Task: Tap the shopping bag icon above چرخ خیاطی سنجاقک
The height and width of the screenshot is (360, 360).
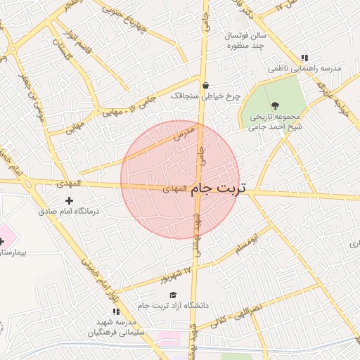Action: point(205,86)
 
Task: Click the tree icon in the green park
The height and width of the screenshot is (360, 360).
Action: point(274,105)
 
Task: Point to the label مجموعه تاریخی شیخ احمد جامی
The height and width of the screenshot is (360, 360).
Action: point(275,122)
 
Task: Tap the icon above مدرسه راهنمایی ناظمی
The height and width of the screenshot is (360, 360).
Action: point(304,58)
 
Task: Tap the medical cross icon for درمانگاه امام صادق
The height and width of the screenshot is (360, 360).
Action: point(69,201)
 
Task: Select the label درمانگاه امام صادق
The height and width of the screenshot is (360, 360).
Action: point(69,211)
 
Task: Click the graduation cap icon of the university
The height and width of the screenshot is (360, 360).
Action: point(173,295)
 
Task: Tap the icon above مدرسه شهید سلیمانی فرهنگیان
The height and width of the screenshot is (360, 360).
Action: point(115,311)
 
